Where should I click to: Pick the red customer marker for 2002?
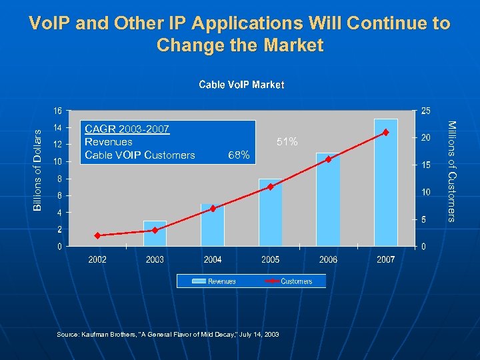(x=97, y=235)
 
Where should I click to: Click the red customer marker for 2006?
(x=328, y=159)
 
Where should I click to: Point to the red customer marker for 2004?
(x=213, y=209)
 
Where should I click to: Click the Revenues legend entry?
(x=214, y=281)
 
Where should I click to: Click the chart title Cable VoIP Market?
(x=241, y=85)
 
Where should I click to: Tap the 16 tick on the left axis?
(x=59, y=110)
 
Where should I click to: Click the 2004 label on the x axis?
(x=213, y=259)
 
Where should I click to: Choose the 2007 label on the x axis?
(x=386, y=259)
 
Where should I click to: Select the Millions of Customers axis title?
(x=451, y=171)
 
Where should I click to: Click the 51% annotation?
(x=287, y=142)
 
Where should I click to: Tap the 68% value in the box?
(x=239, y=155)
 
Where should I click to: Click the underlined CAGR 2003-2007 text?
(x=127, y=129)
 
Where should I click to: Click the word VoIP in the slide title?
(x=51, y=23)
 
